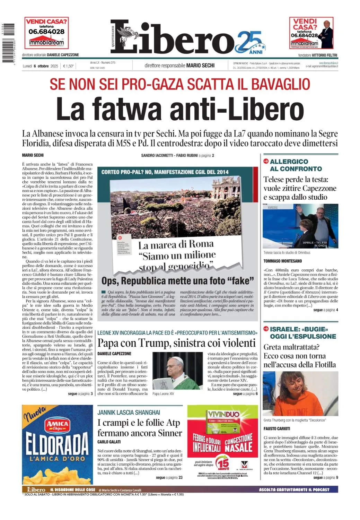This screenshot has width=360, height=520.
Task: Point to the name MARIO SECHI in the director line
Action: [x=200, y=65]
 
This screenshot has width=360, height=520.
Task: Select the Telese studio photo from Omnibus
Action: [x=300, y=226]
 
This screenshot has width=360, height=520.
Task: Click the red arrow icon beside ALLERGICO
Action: [x=266, y=161]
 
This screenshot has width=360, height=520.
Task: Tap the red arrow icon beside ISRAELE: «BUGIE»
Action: [x=266, y=329]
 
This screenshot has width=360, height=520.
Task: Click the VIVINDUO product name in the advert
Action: [x=223, y=414]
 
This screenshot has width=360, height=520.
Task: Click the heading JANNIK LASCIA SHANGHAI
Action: [x=129, y=412]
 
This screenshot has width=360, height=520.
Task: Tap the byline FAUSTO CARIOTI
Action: [x=277, y=428]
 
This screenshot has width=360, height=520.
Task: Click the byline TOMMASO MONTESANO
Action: [x=282, y=261]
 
